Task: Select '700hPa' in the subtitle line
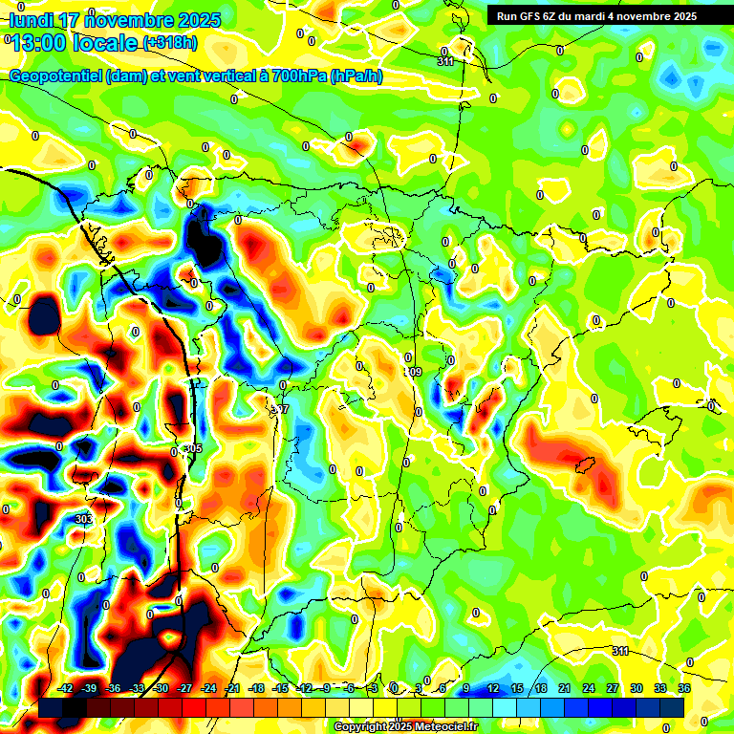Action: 298,76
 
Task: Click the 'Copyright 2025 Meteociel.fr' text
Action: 405,727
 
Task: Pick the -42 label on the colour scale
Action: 66,688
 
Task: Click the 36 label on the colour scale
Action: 684,688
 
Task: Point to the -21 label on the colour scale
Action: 232,688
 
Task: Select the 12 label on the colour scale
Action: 493,688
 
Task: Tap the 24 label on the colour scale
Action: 589,688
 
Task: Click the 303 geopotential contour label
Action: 83,519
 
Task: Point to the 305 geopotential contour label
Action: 194,448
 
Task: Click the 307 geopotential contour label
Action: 279,409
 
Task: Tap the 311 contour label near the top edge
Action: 445,62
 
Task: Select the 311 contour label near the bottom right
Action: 620,651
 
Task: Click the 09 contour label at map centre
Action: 414,372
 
